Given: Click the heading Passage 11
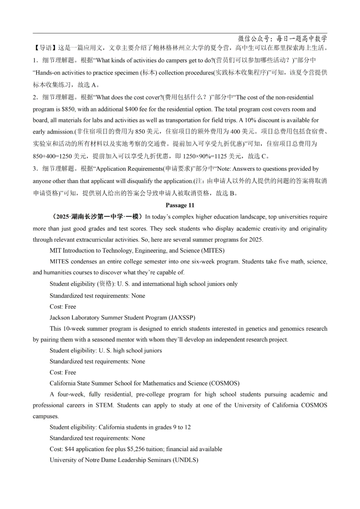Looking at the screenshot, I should click(x=180, y=205).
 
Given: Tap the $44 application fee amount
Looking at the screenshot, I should click(x=69, y=449).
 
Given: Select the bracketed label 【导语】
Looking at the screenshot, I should click(x=45, y=48).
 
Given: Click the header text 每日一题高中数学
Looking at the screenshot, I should click(x=302, y=39).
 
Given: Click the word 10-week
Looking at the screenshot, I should click(x=74, y=329).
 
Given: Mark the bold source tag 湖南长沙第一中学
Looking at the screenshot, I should click(x=97, y=217).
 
